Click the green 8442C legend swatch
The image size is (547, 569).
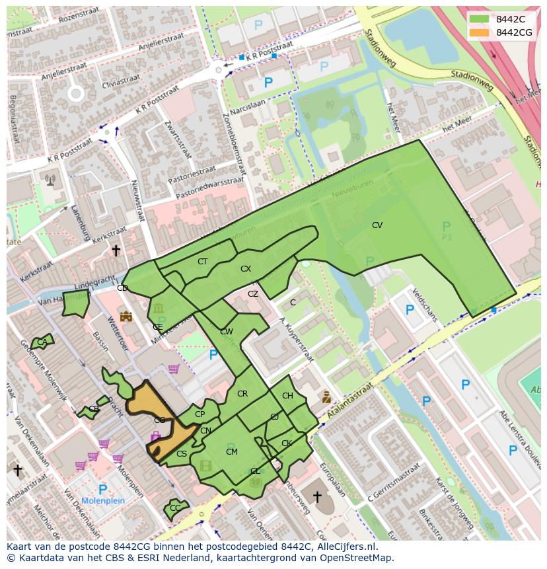coord(480,19)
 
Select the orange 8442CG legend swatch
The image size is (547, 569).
coord(480,32)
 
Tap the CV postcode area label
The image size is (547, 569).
coord(377,225)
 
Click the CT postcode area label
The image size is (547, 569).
coord(202,262)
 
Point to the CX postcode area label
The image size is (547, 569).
coord(246,269)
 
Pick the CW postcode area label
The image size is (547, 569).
coord(227,332)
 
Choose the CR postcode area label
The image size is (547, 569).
coord(242,394)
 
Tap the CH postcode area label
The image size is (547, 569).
coord(287,396)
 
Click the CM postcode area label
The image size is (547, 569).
coord(231,452)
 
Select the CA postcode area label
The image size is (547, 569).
coord(42,342)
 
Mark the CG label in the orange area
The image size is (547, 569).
coord(159,420)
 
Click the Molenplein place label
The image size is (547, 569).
coord(103,501)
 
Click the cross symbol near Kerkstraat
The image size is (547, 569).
coord(116,250)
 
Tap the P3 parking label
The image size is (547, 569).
coord(447,236)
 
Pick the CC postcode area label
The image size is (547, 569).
coord(175,508)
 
